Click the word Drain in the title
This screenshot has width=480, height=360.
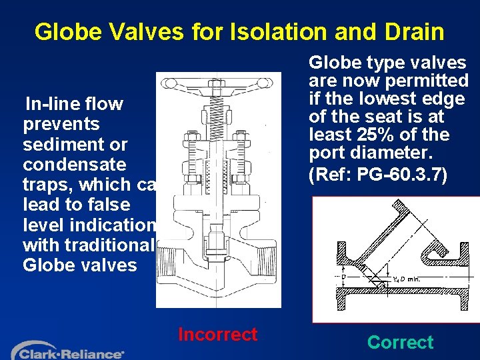pyautogui.click(x=411, y=31)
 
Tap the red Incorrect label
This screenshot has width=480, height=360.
pyautogui.click(x=217, y=334)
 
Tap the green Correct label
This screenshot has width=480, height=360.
pyautogui.click(x=400, y=343)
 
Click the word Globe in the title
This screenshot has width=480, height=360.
pyautogui.click(x=65, y=31)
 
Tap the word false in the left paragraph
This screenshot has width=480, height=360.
pyautogui.click(x=97, y=205)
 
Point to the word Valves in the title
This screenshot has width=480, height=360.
pyautogui.click(x=141, y=31)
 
